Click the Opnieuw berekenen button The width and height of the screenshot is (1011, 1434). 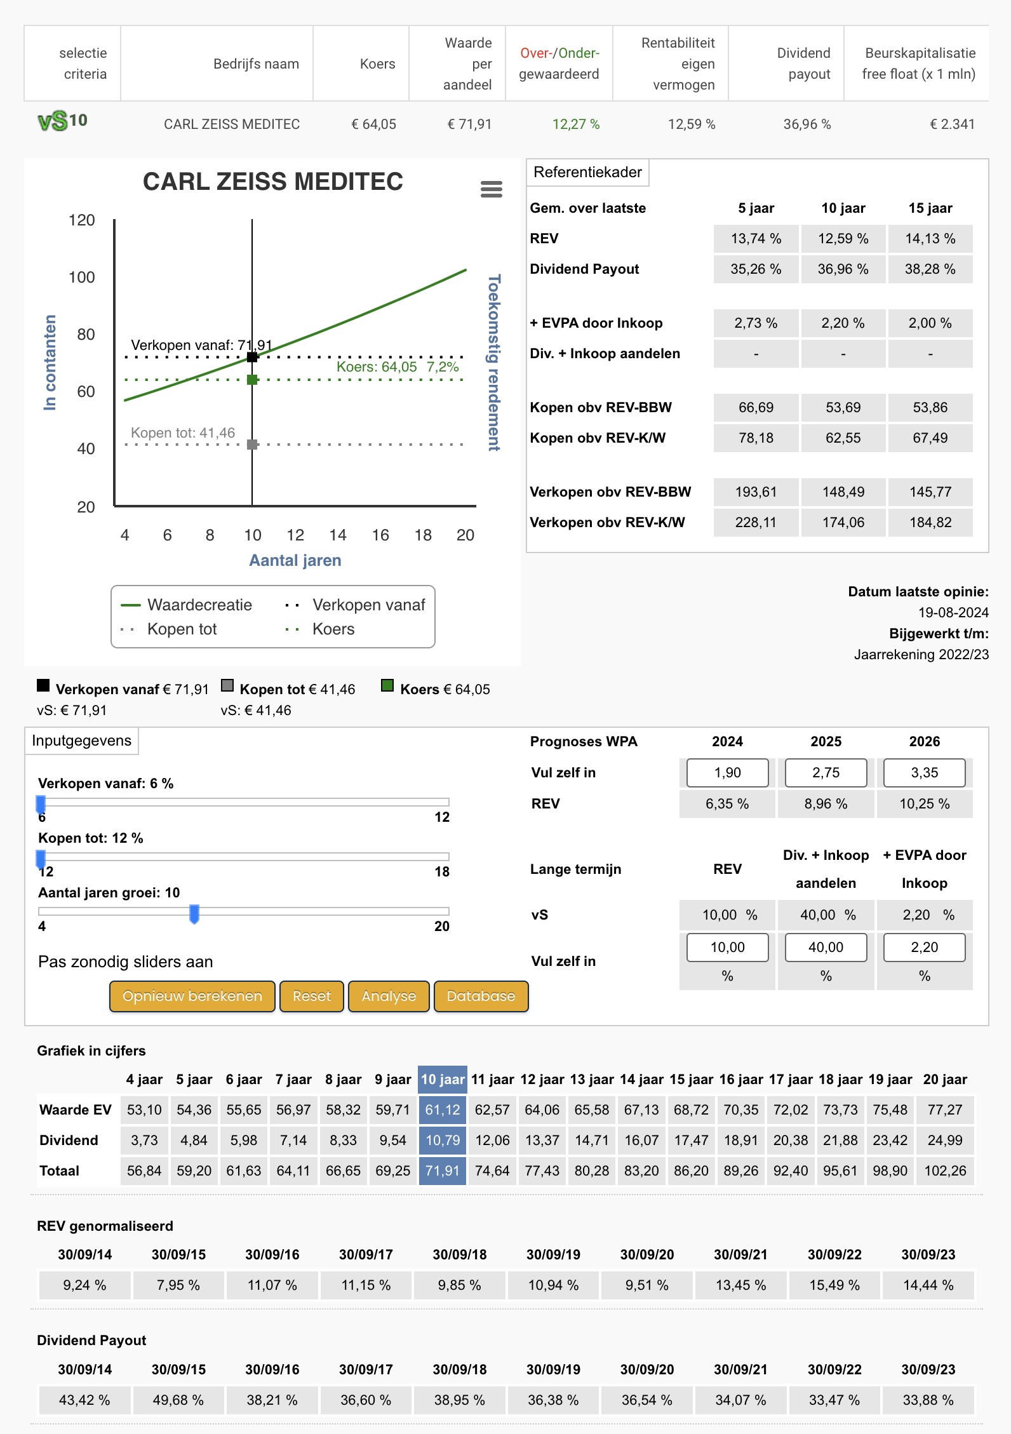[192, 996]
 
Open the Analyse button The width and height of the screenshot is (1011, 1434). [389, 996]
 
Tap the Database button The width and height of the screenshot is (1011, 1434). [481, 996]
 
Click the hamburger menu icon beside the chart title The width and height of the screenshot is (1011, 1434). [492, 189]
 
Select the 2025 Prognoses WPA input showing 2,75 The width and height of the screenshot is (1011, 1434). [826, 773]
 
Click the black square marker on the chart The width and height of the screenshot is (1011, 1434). [252, 357]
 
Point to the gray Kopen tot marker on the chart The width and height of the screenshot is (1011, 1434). [252, 445]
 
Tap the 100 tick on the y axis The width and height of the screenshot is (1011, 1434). [82, 278]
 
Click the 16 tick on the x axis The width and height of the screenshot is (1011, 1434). [380, 535]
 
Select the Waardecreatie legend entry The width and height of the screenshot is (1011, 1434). [187, 605]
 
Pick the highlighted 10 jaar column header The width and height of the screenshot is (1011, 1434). [443, 1080]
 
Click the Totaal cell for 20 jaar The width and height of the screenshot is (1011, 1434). [945, 1170]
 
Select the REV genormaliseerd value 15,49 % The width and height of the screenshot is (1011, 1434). [834, 1285]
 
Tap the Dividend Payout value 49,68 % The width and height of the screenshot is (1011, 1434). [178, 1400]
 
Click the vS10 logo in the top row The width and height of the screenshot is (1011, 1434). [63, 121]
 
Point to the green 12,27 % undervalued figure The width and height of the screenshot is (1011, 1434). [576, 124]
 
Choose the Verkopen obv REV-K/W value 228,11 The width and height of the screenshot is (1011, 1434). [756, 523]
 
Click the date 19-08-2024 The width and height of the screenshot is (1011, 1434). [953, 613]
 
